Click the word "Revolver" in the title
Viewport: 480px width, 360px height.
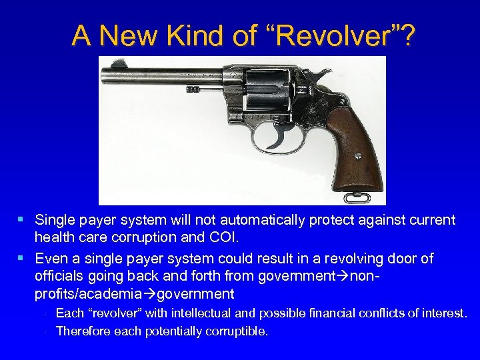tap(337, 36)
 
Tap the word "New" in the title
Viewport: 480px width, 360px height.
tap(136, 36)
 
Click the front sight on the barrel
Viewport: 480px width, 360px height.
tap(119, 65)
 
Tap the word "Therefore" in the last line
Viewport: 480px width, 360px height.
tap(84, 331)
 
